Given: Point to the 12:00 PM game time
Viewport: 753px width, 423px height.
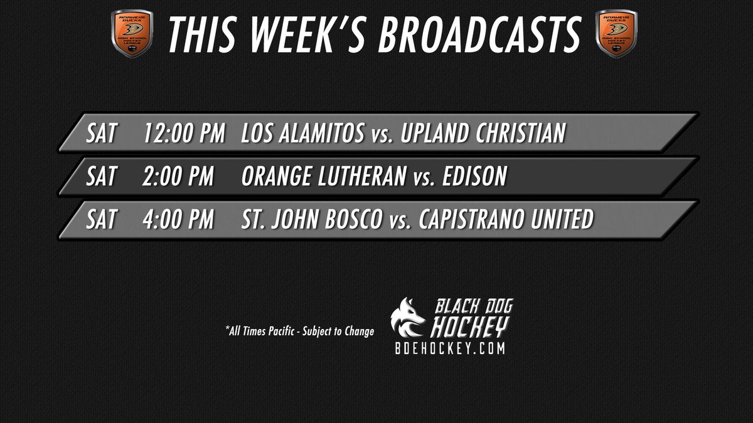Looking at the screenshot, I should click(184, 133).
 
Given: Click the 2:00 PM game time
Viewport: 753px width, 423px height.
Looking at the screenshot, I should click(179, 177).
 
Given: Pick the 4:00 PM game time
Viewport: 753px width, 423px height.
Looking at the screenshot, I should click(179, 220).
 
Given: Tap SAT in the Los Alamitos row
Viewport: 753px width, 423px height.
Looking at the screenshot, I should click(102, 133).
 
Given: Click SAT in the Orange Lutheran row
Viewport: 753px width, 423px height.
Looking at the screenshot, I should click(102, 177).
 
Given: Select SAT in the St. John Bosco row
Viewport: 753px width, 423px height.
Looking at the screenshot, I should click(102, 220).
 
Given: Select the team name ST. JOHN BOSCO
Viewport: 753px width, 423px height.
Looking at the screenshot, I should click(311, 220).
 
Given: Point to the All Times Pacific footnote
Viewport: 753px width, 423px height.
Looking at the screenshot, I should click(299, 331).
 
